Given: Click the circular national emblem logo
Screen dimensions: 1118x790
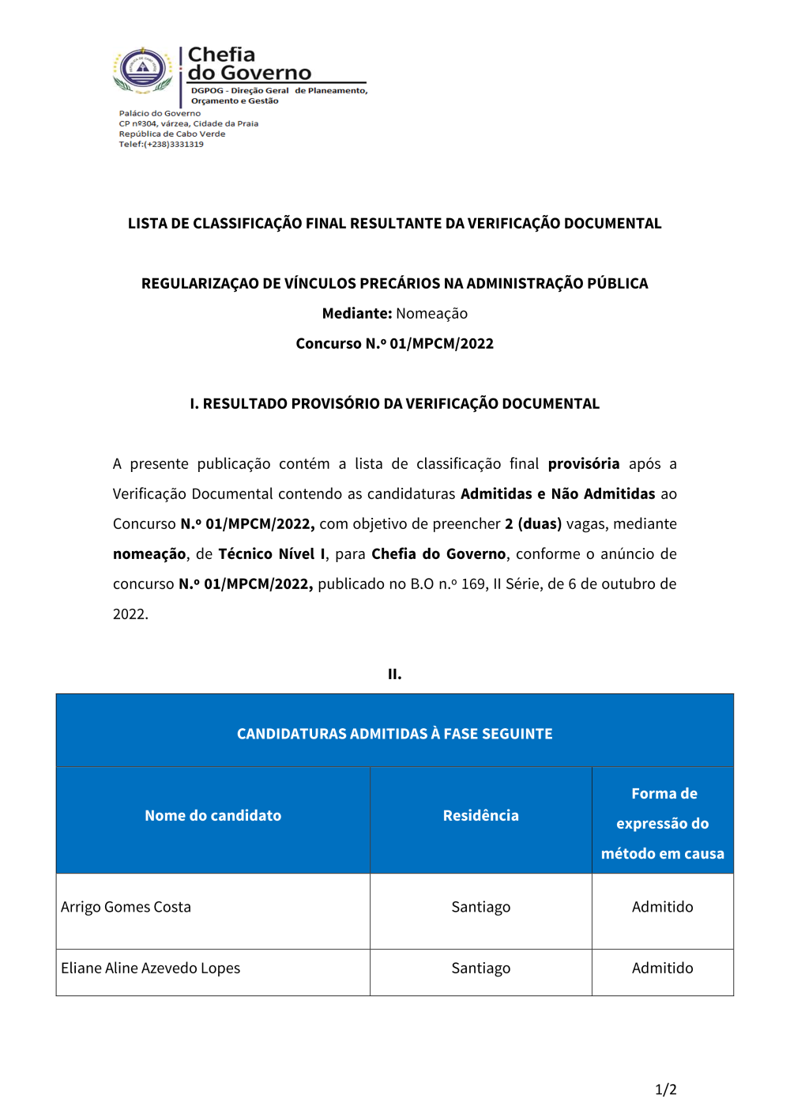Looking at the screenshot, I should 143,70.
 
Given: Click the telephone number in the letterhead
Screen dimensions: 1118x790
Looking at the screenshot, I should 174,145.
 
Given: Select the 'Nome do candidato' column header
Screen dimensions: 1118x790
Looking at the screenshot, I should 213,816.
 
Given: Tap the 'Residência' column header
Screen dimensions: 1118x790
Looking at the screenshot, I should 480,816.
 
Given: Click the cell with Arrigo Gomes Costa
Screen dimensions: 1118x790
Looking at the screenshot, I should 126,908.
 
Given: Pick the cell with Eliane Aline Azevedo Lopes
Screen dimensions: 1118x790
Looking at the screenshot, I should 151,969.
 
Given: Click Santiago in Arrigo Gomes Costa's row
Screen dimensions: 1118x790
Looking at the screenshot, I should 480,908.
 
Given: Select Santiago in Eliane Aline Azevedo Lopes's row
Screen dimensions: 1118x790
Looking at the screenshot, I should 480,969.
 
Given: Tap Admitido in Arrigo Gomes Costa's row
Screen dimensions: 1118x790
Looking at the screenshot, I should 662,908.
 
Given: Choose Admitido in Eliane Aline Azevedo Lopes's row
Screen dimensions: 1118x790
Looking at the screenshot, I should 662,969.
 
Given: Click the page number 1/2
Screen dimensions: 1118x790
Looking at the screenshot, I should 665,1090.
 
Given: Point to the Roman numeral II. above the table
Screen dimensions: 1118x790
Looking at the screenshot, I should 394,674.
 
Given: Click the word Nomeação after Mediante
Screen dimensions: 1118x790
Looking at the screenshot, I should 431,314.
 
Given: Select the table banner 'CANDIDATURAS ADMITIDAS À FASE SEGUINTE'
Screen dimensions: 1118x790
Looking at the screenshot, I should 394,735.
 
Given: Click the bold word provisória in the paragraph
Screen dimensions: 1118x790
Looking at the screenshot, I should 583,464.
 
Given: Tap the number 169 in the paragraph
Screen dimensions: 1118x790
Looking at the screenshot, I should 473,584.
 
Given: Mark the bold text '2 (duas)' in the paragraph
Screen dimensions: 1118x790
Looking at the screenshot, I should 533,524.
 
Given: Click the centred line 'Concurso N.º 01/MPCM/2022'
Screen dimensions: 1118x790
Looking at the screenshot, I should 394,344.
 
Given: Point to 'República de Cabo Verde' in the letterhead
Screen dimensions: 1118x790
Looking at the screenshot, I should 172,134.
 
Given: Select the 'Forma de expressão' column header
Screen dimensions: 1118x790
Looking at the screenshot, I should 662,823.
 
